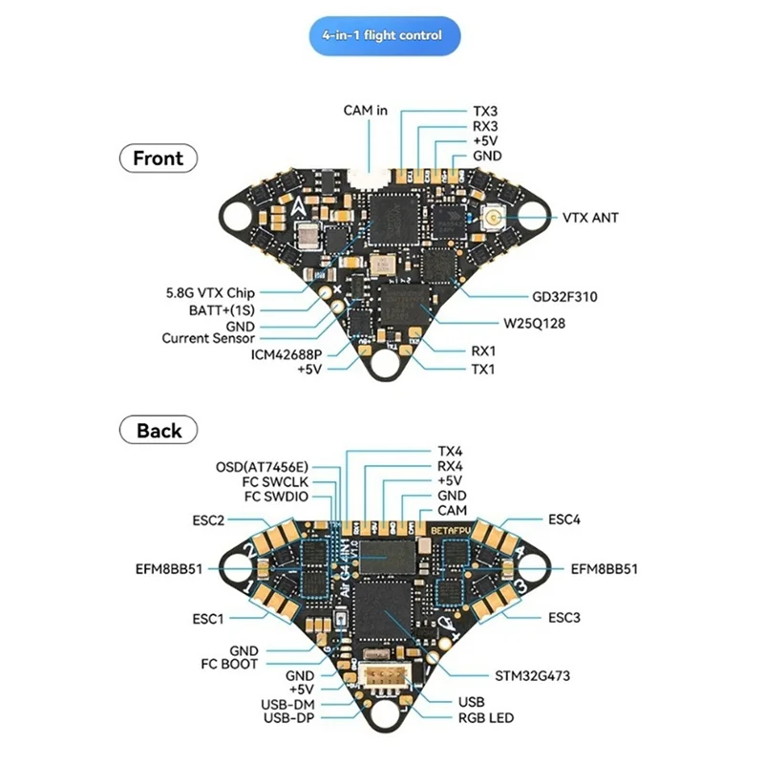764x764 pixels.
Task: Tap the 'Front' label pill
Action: click(159, 158)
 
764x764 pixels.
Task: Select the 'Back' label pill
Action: click(159, 430)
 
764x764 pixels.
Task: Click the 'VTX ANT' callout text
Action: click(590, 218)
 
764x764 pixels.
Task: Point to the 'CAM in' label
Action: click(366, 111)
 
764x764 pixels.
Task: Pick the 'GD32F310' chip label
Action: click(564, 297)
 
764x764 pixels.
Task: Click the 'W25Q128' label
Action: click(534, 324)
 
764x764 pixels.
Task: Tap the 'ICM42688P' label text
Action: click(286, 354)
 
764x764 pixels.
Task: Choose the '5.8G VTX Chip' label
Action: click(210, 293)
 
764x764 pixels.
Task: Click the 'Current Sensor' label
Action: click(208, 338)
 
